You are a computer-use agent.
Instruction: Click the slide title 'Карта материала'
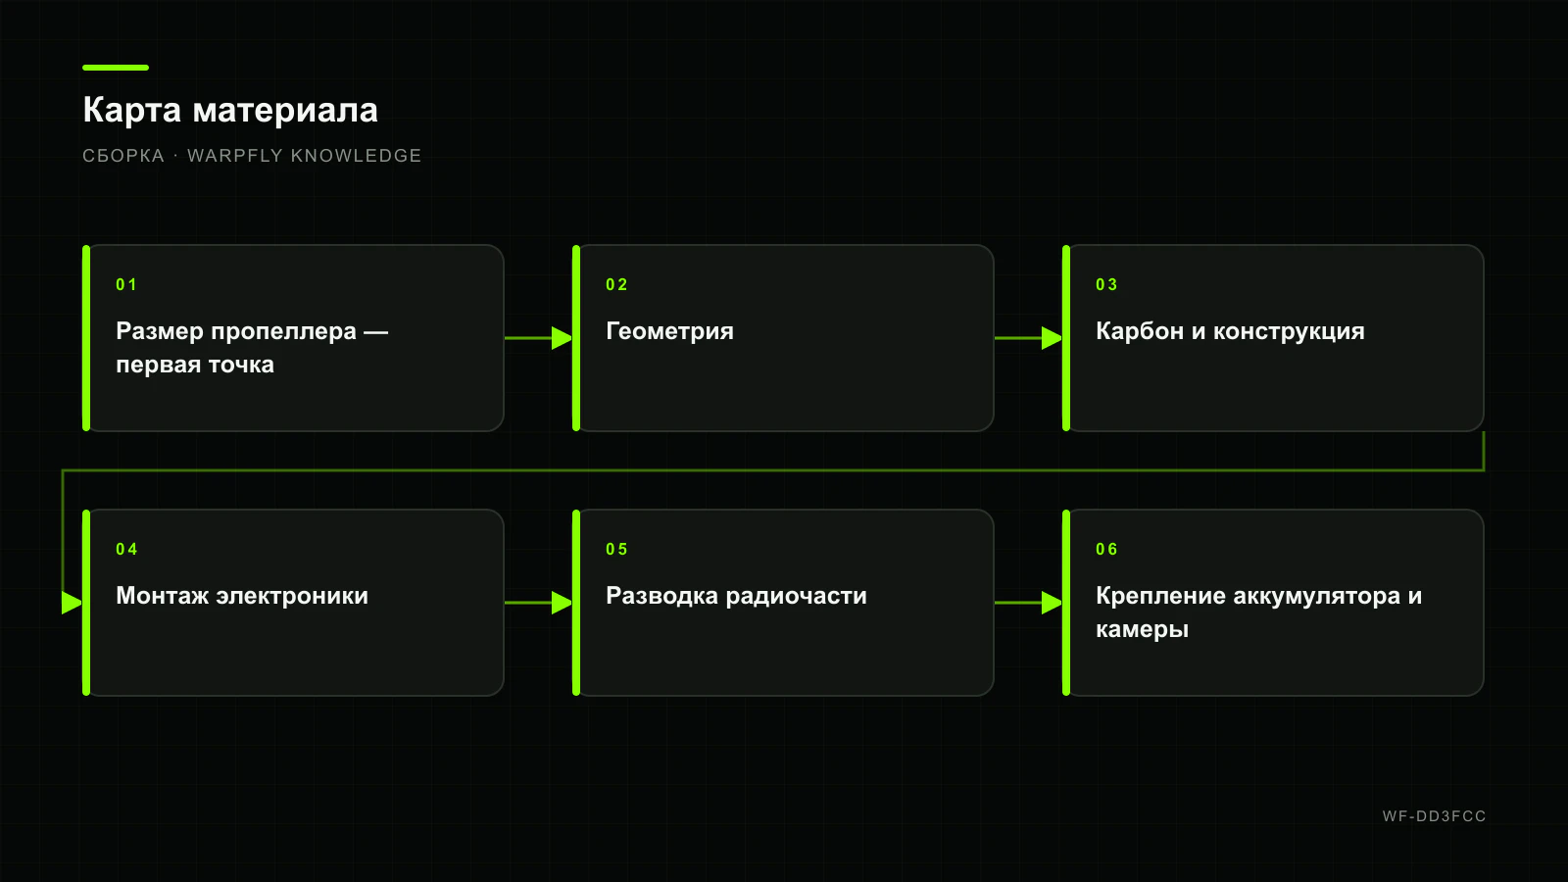pos(230,110)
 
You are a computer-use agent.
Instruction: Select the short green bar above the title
pos(116,68)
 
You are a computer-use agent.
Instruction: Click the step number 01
pos(126,284)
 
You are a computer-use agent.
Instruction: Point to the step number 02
pos(616,284)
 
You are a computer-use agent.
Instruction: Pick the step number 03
pos(1106,284)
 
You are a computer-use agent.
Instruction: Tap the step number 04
pos(126,549)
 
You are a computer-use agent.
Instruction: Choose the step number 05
pos(616,549)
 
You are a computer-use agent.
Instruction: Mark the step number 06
pos(1106,549)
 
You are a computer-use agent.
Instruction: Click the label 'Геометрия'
pos(670,331)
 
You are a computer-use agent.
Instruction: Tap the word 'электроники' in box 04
pos(292,596)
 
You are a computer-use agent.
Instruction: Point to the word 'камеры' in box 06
pos(1143,629)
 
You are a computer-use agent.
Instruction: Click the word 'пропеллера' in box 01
pos(284,331)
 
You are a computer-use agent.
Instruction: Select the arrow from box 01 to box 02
pos(538,338)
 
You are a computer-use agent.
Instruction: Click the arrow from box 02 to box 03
pos(1028,338)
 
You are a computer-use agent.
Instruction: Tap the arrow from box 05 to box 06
pos(1028,603)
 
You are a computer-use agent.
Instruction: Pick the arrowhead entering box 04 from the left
pos(73,603)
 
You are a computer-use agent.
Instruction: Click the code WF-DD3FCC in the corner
pos(1435,816)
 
